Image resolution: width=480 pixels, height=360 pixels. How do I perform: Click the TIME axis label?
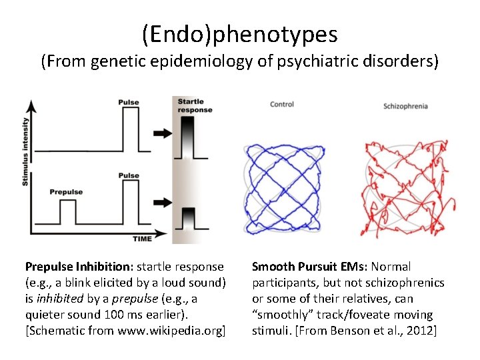(141, 238)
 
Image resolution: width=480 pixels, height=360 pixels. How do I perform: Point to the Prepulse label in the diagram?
(66, 192)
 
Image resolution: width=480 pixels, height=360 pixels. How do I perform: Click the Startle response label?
(195, 105)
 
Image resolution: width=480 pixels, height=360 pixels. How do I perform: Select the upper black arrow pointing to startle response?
(161, 133)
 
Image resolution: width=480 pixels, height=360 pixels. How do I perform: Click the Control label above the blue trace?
(282, 104)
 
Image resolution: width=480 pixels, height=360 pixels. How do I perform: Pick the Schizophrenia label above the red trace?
(405, 106)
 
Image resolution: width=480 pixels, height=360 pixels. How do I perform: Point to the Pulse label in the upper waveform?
(129, 102)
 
